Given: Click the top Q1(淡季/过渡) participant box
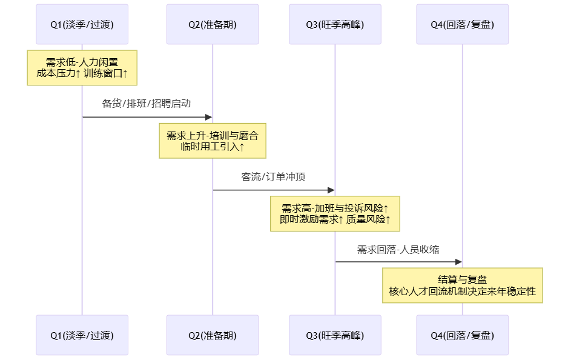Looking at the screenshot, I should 82,24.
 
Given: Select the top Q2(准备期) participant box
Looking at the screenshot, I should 213,24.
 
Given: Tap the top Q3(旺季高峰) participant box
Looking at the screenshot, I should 335,24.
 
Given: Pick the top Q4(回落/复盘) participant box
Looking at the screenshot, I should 463,24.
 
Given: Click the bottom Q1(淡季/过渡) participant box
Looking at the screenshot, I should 82,335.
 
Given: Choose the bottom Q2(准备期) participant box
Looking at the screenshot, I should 213,335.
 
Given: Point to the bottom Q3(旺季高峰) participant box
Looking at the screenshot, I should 335,335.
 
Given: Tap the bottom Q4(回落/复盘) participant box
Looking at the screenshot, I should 463,335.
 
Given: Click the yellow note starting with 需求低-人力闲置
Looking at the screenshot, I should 82,68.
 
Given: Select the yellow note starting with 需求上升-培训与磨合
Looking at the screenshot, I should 213,141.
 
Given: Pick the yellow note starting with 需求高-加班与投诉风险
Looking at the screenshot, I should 335,213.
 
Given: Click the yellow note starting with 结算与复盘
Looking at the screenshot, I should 463,285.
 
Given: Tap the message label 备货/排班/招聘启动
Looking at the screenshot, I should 147,104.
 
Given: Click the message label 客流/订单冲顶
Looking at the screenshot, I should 273,177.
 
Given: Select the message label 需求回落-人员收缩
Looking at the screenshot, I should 398,250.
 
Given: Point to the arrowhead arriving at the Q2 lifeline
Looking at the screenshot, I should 208,117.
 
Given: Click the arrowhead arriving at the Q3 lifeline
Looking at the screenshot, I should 331,190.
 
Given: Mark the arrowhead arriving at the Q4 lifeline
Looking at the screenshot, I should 458,262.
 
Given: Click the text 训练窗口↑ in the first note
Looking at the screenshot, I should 107,74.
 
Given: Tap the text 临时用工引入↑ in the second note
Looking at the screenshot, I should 213,147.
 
